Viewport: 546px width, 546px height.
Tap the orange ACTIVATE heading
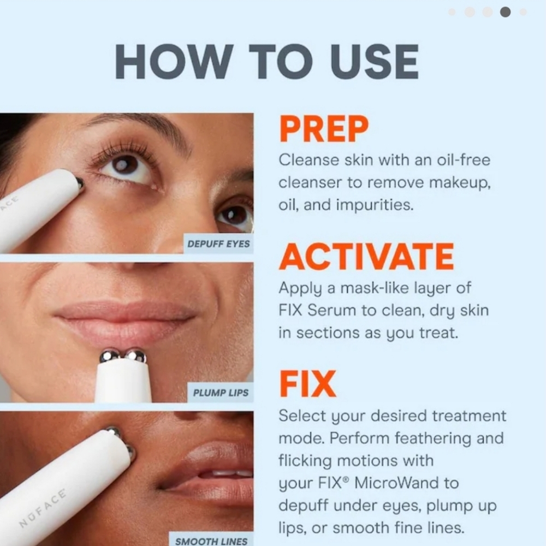point(366,257)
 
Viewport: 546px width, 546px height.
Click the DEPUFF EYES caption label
point(218,244)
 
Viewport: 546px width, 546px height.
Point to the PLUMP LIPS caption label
point(221,393)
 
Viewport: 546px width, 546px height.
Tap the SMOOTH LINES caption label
point(212,541)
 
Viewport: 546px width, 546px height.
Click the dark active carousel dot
point(505,12)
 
